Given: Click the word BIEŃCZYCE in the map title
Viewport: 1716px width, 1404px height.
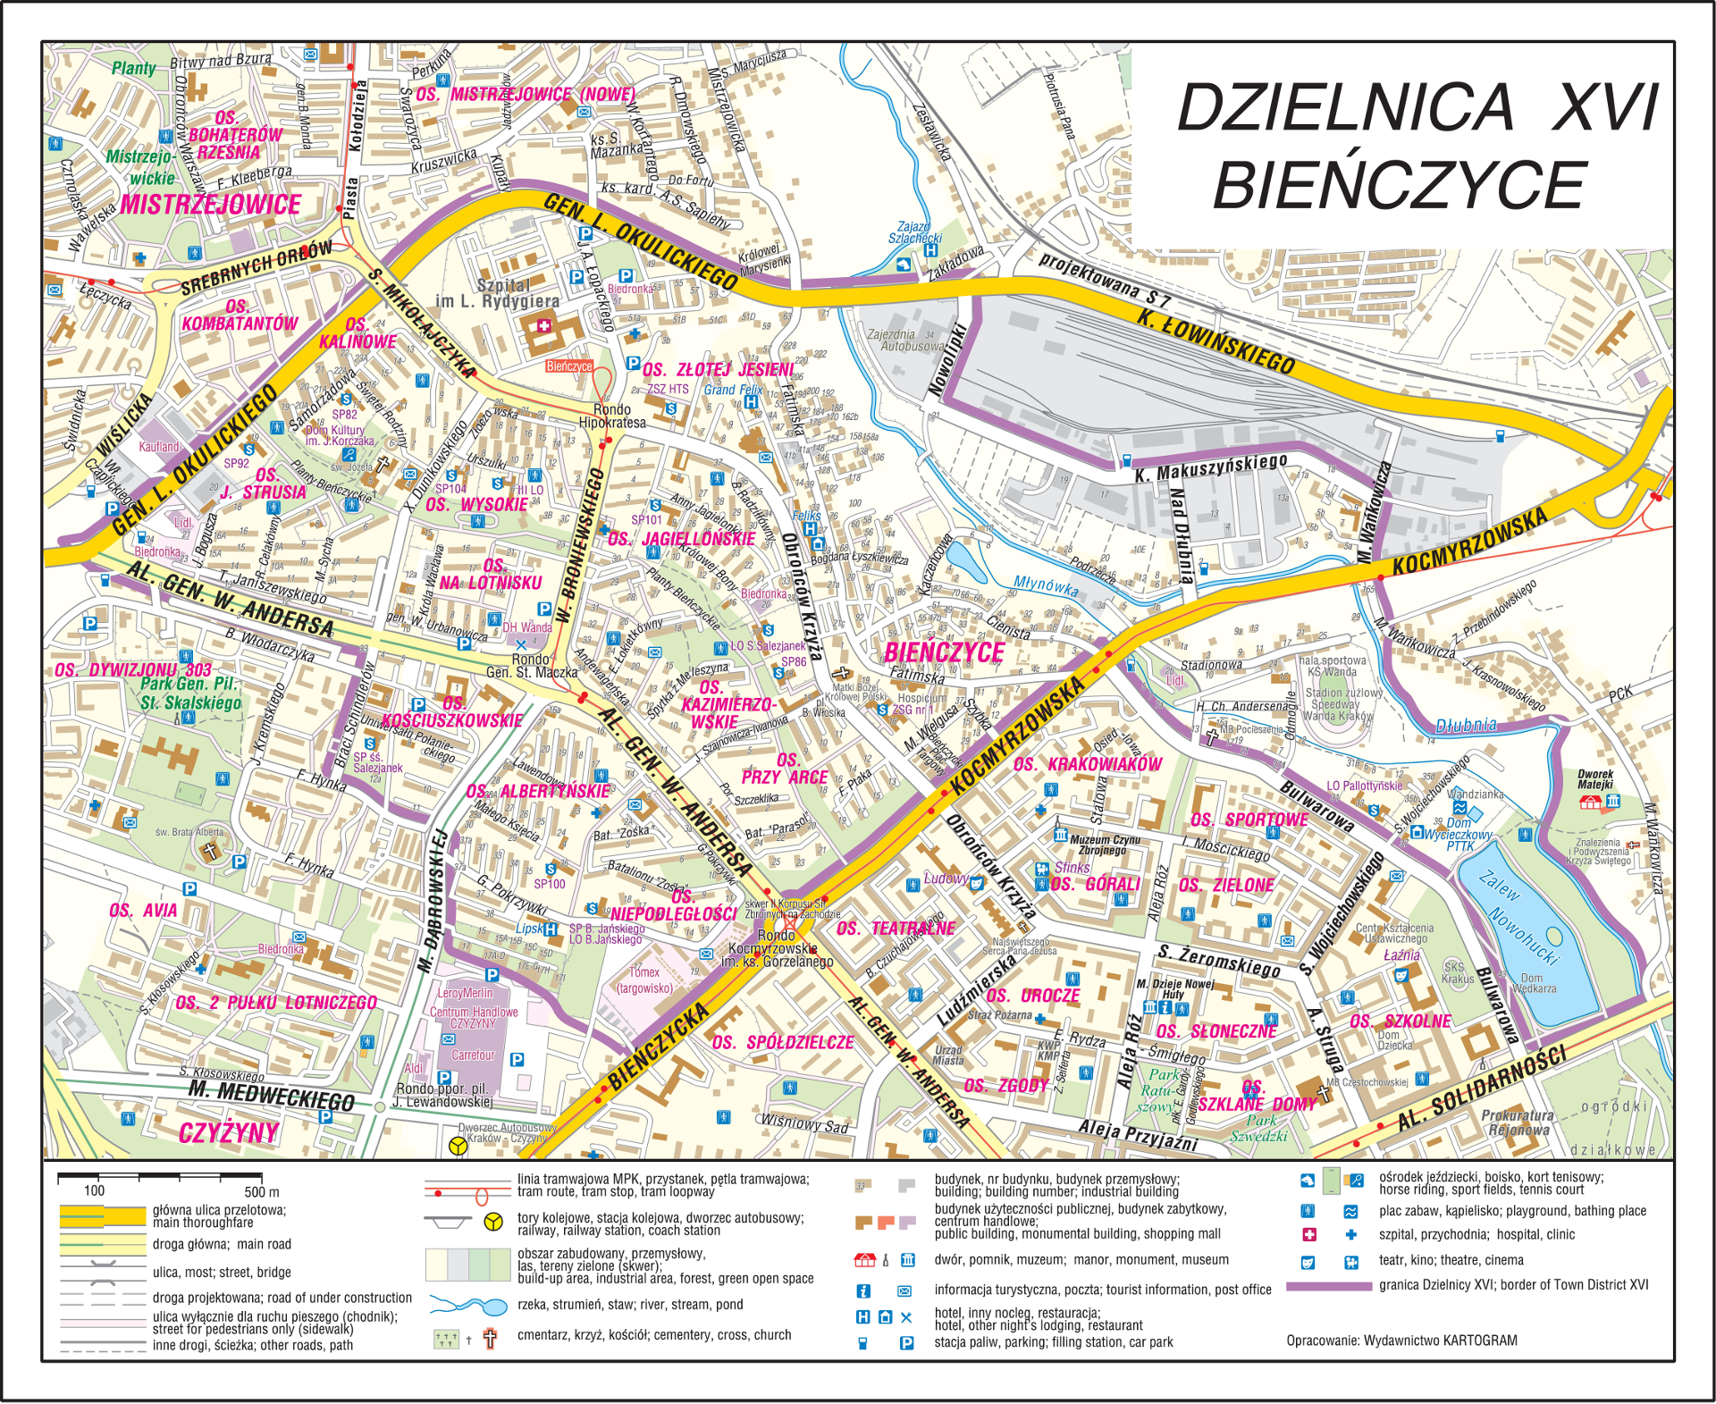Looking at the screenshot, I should click(x=1399, y=186).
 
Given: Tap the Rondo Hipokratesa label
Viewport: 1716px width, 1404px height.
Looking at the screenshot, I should click(x=612, y=416).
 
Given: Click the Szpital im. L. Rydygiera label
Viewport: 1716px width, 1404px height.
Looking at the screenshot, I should click(x=497, y=294).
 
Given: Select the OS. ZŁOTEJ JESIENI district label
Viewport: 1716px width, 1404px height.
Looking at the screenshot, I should click(x=718, y=370).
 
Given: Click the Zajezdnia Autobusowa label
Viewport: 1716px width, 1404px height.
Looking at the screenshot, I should click(x=904, y=340).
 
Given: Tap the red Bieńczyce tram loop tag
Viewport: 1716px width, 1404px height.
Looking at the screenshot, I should click(x=569, y=366).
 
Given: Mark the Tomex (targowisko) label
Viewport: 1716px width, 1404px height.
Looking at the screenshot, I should click(x=644, y=979).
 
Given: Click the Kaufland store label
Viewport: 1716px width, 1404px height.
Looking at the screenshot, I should click(x=159, y=447).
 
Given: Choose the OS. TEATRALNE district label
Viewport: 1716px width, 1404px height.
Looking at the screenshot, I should click(x=896, y=929).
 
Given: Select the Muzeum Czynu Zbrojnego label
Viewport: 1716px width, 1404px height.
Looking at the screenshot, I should click(x=1104, y=845).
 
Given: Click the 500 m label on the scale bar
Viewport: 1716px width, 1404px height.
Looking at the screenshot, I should click(x=261, y=1191).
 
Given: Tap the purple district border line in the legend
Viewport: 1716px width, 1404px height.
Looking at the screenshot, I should click(x=1328, y=1286).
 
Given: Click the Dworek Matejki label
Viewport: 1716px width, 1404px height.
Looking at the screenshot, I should click(x=1595, y=779).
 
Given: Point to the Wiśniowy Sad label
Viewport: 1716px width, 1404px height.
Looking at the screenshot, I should click(x=803, y=1123).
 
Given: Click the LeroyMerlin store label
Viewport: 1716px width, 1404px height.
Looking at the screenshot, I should click(x=465, y=993).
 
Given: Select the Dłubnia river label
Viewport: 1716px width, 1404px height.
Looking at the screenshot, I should click(x=1466, y=725).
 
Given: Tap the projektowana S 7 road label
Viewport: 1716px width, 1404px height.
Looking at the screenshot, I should click(x=1103, y=276).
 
